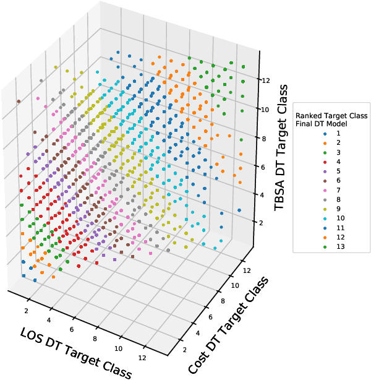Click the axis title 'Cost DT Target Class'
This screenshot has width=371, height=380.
(228, 325)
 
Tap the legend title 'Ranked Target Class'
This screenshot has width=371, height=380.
(331, 116)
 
